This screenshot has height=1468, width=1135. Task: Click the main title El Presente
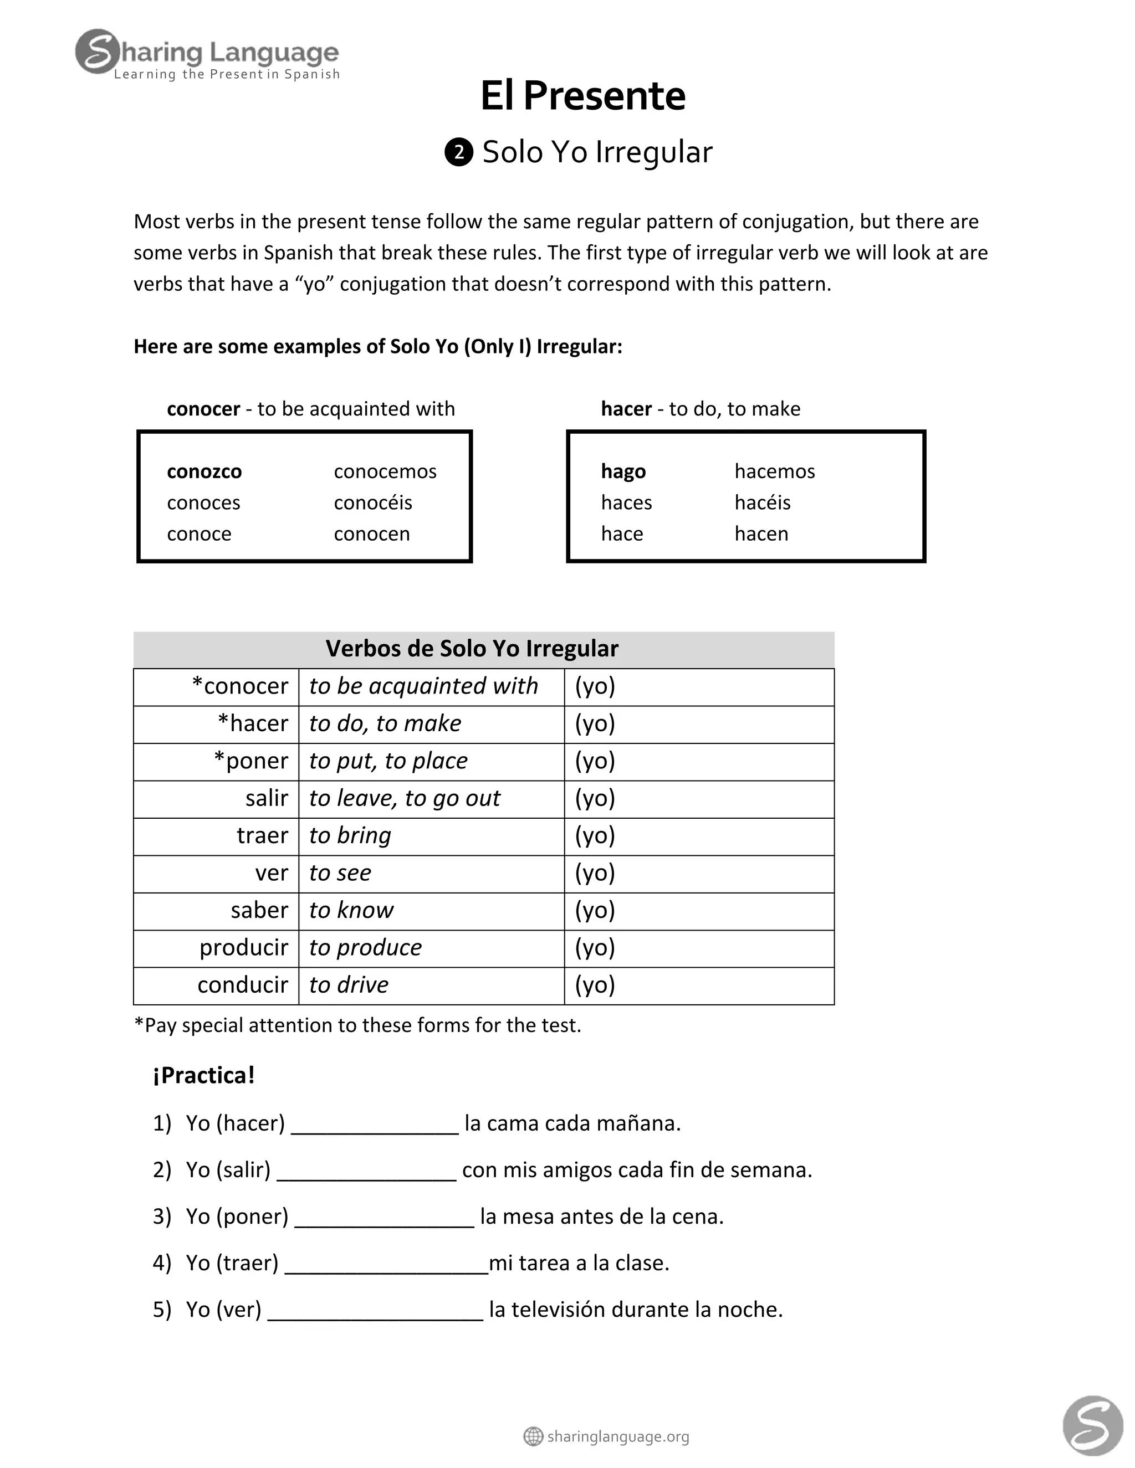[582, 96]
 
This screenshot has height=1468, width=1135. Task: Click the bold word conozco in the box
[204, 472]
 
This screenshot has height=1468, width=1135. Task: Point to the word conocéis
[372, 503]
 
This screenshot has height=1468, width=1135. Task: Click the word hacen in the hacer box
[760, 533]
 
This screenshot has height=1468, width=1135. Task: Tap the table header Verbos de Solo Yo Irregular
[472, 649]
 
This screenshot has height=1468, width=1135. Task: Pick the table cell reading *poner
[251, 761]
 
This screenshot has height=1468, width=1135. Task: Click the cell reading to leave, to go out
[404, 798]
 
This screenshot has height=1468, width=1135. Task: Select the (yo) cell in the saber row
[595, 910]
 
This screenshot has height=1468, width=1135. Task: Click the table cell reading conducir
[242, 985]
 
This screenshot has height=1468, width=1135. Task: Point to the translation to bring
[350, 835]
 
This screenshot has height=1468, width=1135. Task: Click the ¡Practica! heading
[204, 1075]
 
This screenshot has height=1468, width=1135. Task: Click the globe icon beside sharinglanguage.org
[533, 1436]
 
